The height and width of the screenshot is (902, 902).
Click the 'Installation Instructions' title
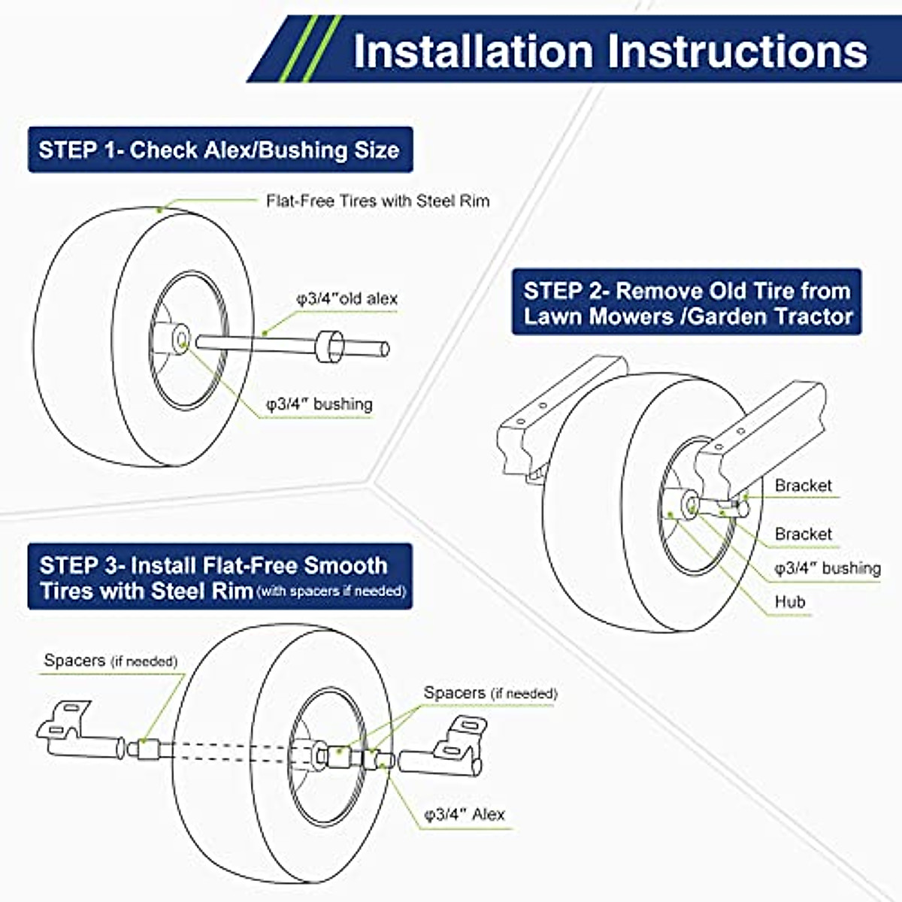click(x=610, y=50)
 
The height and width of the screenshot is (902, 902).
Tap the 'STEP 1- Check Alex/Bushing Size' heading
click(x=219, y=150)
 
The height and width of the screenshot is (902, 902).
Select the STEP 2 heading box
click(x=687, y=302)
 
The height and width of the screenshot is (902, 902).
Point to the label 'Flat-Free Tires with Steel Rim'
click(x=377, y=201)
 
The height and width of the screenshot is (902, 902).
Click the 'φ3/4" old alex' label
click(x=347, y=298)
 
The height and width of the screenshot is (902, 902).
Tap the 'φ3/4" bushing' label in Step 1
click(x=319, y=404)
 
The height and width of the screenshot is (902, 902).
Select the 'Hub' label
click(x=790, y=601)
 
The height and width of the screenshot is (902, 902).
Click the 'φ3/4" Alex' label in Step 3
click(x=464, y=814)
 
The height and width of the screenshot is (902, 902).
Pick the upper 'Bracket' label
click(x=803, y=486)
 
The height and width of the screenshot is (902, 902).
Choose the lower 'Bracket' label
click(x=803, y=534)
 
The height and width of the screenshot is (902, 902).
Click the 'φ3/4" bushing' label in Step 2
click(x=827, y=568)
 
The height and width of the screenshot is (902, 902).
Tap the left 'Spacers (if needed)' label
click(x=110, y=661)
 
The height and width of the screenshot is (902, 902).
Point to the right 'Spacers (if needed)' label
click(x=490, y=693)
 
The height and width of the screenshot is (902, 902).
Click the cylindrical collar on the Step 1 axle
click(x=329, y=345)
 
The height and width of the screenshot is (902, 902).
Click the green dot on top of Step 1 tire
click(x=159, y=210)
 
